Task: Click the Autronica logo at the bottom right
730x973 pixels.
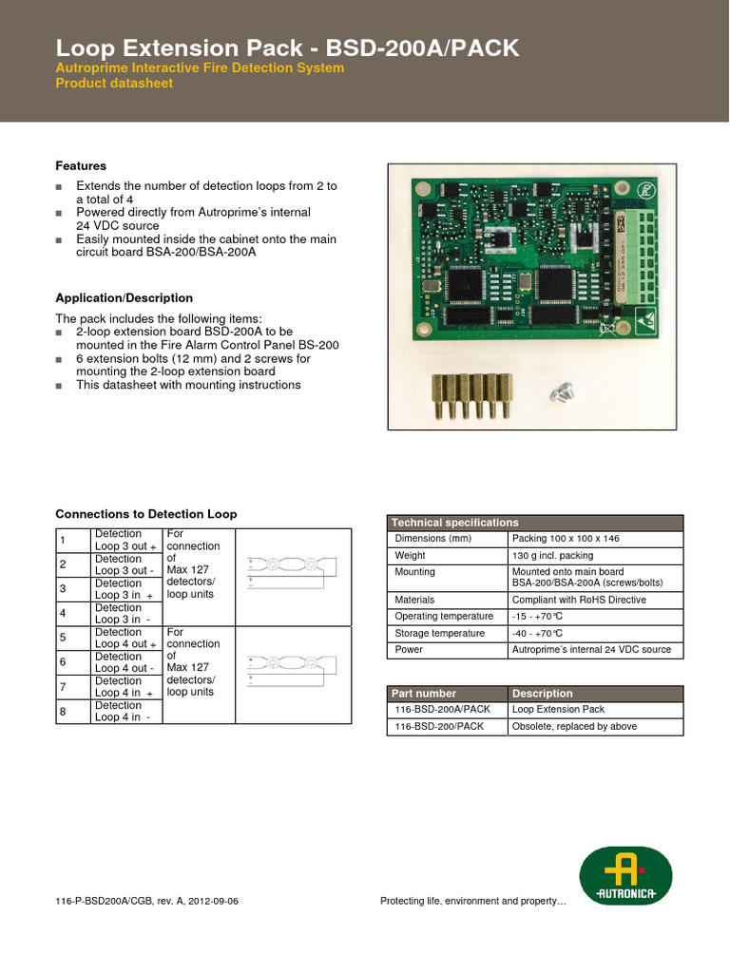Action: click(625, 875)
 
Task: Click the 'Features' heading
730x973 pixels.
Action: click(81, 166)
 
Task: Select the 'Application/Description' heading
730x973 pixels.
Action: click(124, 298)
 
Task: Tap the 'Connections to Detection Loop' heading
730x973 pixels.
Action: click(146, 514)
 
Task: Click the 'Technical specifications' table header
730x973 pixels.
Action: click(455, 523)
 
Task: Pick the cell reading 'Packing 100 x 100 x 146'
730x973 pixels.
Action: click(566, 539)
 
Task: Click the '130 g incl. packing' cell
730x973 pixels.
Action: click(552, 556)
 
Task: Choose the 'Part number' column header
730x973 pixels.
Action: click(425, 694)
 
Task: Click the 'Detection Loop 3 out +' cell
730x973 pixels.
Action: click(125, 540)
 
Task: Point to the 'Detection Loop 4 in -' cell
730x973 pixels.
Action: click(123, 712)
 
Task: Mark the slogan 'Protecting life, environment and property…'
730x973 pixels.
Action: click(472, 901)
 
